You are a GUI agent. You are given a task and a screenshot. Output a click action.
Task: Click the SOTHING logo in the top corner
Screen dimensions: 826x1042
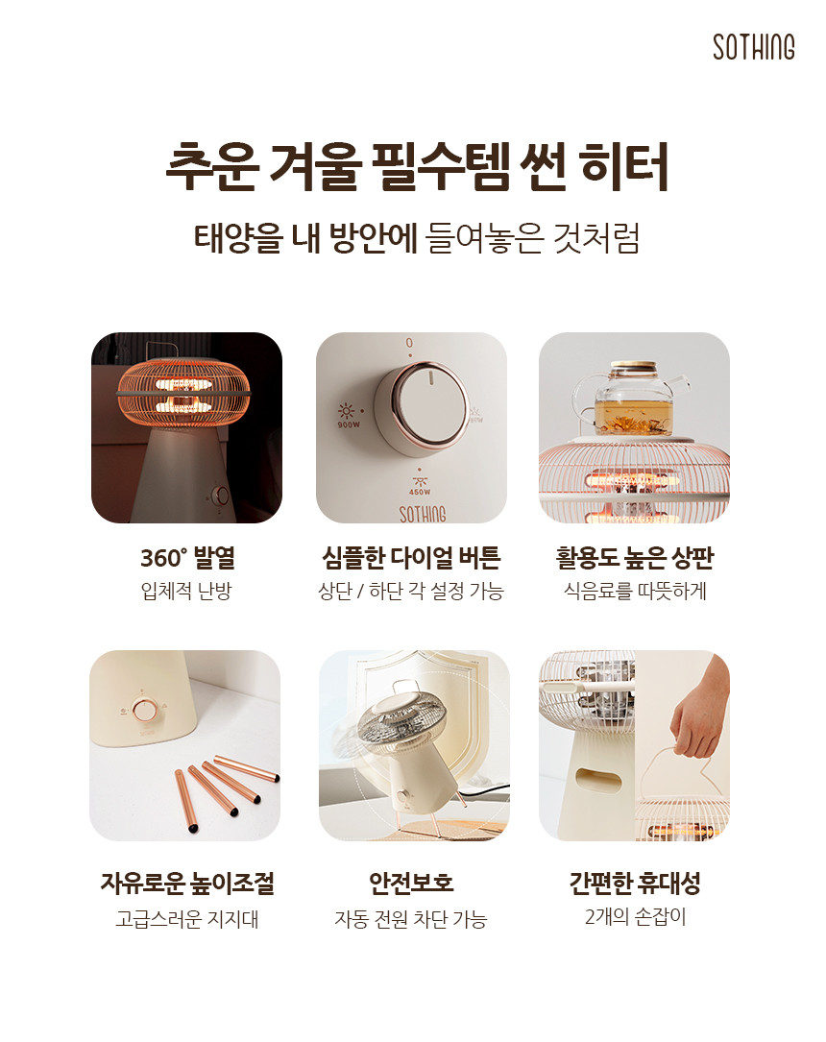click(754, 47)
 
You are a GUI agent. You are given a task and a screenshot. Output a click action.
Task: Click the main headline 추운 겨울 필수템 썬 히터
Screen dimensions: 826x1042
click(417, 166)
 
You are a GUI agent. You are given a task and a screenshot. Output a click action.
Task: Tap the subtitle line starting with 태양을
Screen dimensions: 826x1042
click(417, 238)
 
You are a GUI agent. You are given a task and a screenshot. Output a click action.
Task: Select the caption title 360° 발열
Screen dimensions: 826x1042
click(187, 558)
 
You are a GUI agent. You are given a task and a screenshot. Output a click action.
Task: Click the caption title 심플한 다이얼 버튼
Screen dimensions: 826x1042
click(411, 558)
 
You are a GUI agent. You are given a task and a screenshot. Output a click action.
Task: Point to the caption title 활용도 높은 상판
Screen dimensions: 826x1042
click(635, 558)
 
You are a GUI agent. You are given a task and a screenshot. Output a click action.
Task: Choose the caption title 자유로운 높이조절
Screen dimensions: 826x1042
click(186, 883)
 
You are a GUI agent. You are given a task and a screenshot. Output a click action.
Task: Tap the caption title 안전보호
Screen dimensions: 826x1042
click(411, 883)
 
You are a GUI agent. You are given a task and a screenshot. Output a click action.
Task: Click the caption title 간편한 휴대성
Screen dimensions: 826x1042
click(635, 883)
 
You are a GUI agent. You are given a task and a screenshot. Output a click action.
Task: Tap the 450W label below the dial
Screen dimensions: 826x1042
click(420, 493)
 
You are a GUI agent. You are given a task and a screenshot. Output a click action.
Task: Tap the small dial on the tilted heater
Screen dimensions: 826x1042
click(402, 797)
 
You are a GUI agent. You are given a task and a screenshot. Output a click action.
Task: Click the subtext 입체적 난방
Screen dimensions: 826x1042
click(186, 590)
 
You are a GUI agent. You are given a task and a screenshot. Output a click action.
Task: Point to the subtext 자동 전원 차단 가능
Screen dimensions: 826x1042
click(411, 919)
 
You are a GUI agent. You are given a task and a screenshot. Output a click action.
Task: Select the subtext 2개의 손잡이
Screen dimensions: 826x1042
click(635, 917)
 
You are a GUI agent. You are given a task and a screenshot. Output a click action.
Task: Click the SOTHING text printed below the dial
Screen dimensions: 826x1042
click(422, 514)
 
